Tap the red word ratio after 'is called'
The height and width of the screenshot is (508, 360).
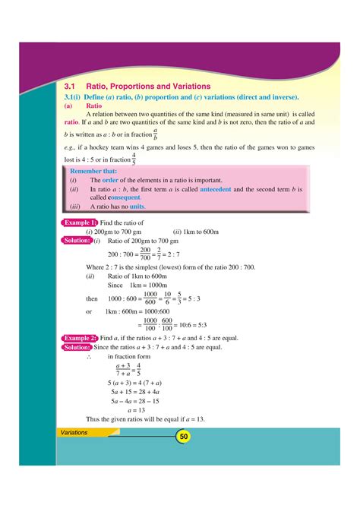pos(71,121)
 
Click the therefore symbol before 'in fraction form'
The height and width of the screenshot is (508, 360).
pos(89,357)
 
